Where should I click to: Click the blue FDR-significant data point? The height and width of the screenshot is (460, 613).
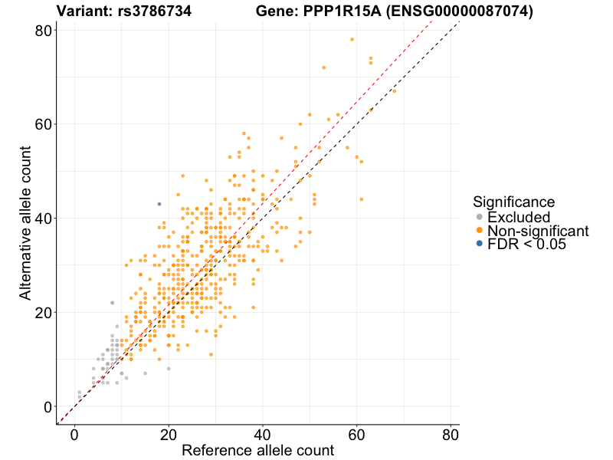159,204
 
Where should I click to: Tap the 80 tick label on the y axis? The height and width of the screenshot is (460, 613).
43,31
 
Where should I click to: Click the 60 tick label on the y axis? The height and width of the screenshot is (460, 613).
43,124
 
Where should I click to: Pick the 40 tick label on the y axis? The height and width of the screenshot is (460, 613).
43,219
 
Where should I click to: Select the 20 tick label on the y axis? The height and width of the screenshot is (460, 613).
43,313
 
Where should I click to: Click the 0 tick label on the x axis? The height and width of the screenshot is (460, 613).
74,433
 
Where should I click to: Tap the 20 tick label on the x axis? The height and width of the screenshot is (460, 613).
169,433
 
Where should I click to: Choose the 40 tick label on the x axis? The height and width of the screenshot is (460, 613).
263,433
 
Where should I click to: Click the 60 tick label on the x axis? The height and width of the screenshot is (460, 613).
357,433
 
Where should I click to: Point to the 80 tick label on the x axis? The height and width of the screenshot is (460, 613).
451,433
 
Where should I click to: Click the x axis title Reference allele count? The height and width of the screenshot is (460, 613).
257,450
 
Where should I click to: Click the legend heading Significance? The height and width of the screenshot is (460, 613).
513,202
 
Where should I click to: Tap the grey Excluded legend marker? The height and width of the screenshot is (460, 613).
480,218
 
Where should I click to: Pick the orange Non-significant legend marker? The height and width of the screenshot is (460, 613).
480,231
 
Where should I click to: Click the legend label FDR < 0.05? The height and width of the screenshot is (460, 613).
529,244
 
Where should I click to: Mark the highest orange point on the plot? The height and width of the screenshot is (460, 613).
352,39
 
